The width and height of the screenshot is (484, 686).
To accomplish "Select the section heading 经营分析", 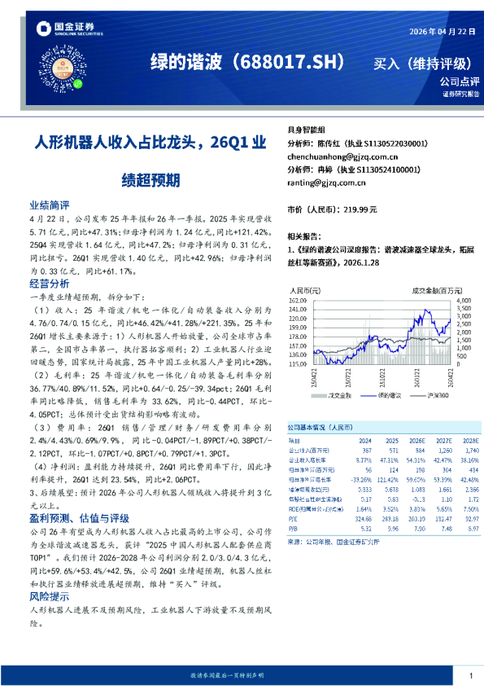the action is point(50,284).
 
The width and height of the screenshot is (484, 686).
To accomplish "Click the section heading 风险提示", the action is point(50,596).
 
